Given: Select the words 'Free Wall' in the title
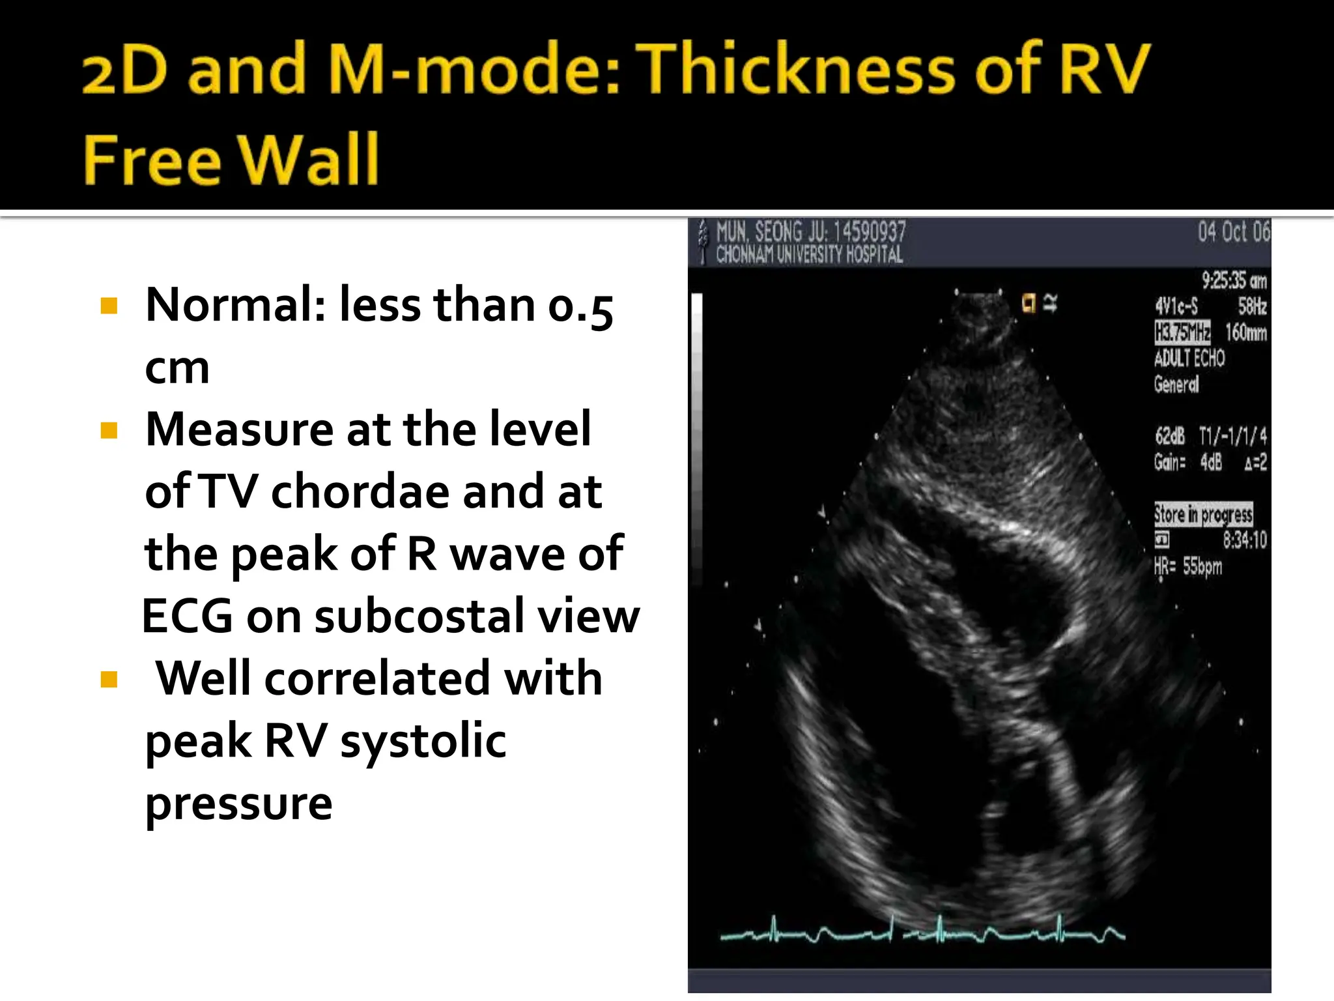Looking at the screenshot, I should (231, 159).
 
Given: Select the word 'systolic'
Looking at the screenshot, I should (423, 741).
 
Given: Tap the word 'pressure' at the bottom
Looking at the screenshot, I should (238, 804).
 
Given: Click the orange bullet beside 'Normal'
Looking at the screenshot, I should (109, 306).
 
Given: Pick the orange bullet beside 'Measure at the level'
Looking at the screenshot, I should (109, 430).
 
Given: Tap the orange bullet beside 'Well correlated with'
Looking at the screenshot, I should (109, 680).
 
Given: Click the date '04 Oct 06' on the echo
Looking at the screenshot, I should (1234, 232).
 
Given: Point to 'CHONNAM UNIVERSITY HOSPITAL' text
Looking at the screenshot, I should (809, 255).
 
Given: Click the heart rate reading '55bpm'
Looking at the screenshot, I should (1202, 566).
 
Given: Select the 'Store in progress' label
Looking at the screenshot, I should (1203, 514).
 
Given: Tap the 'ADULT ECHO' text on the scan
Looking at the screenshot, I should (1189, 358).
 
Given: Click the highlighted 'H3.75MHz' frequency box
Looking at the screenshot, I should (1182, 332).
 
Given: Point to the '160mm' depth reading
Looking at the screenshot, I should (1245, 332).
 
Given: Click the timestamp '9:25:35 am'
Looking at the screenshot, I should (1234, 281).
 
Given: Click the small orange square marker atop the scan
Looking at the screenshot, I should (1029, 303).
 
